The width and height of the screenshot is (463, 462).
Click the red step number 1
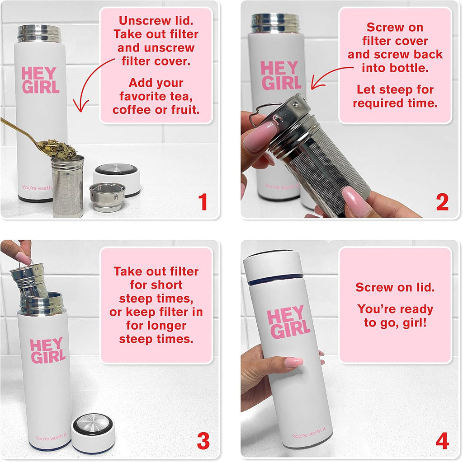coord(203,202)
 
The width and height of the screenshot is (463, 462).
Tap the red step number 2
coord(442,202)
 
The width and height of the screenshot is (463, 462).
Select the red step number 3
coord(203,441)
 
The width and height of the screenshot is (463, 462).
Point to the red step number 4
coord(442,441)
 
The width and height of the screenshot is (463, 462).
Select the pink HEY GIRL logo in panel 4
coord(288,323)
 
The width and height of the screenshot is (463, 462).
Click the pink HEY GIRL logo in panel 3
coord(47,351)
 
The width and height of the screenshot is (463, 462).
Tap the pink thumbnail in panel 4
coord(293,362)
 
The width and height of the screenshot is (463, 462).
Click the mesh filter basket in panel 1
coord(67,187)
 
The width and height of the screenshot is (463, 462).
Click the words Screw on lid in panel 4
coord(394,287)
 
